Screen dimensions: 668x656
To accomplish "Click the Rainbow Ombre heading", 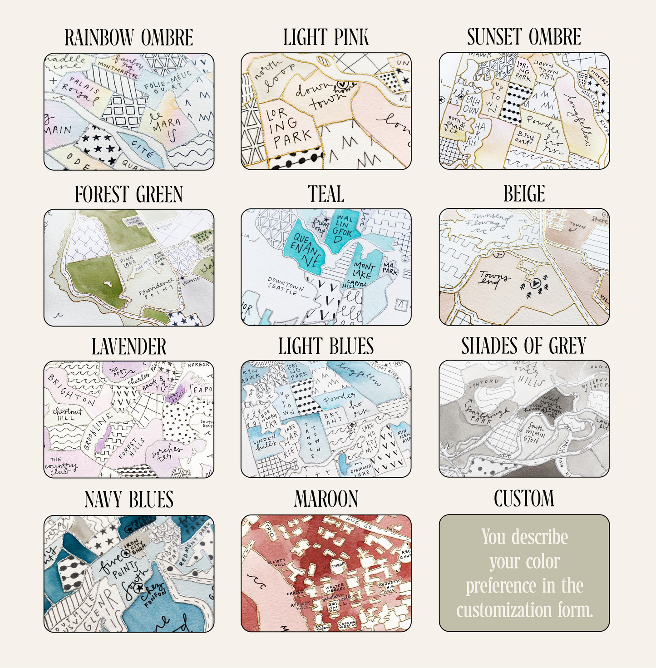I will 128,38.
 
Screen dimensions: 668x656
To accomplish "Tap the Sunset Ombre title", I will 524,37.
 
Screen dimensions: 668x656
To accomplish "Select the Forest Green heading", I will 128,194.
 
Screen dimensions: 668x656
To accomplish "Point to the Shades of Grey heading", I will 524,346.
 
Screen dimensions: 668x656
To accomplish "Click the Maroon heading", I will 326,499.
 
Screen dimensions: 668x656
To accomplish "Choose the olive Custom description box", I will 524,573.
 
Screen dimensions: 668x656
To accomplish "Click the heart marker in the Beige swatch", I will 536,282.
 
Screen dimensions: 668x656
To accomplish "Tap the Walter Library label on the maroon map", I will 335,588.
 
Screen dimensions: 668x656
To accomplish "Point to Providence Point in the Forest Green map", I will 157,287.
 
